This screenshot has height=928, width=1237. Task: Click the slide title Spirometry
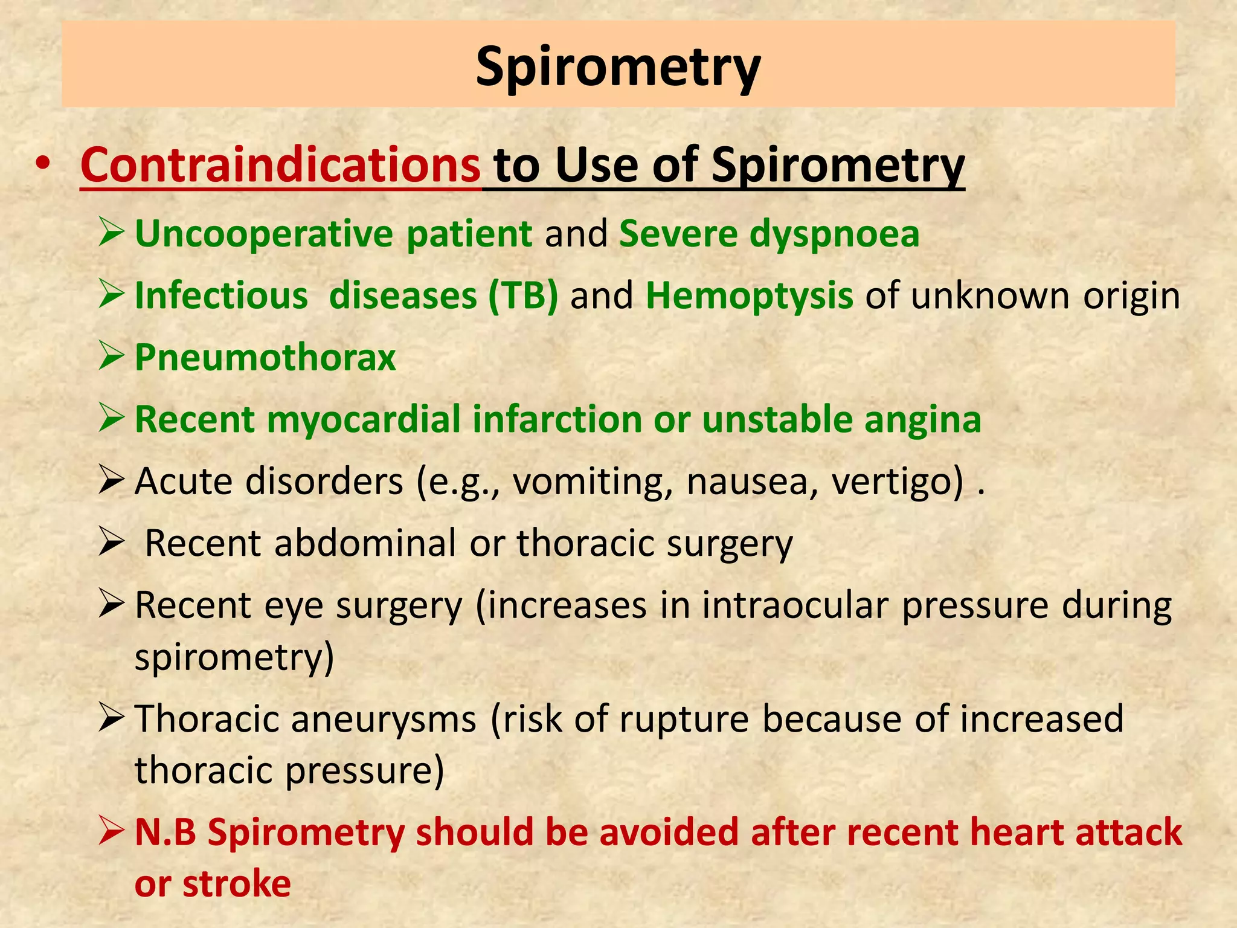(x=618, y=66)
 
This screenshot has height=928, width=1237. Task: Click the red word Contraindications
(x=280, y=165)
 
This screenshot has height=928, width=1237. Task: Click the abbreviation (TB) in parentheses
(x=523, y=296)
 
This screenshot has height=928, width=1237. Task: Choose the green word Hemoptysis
(x=749, y=296)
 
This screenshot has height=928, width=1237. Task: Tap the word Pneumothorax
(x=265, y=357)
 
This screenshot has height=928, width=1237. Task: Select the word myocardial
(x=363, y=419)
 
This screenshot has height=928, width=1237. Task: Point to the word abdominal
(x=365, y=543)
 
